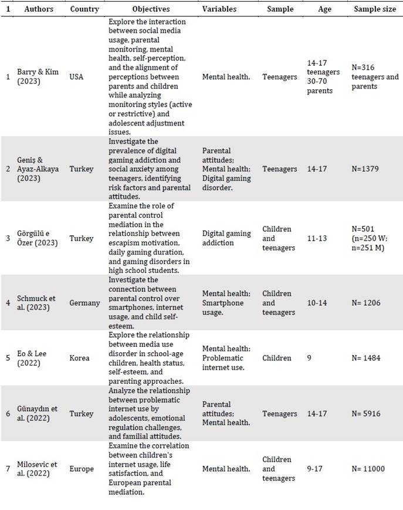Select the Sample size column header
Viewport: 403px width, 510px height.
(x=375, y=9)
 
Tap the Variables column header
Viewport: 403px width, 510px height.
(x=220, y=9)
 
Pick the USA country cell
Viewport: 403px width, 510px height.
(x=77, y=77)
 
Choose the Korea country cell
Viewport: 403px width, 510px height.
(x=79, y=358)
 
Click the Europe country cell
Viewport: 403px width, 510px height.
(x=81, y=469)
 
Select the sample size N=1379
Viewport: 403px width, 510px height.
(x=367, y=169)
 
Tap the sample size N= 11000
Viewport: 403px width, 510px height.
(x=371, y=469)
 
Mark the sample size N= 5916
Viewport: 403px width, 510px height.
(x=368, y=414)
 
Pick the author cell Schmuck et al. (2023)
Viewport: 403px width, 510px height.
(x=33, y=303)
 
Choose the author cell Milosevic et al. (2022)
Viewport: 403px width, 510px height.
(x=34, y=469)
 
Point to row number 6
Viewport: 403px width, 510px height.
(x=8, y=414)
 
